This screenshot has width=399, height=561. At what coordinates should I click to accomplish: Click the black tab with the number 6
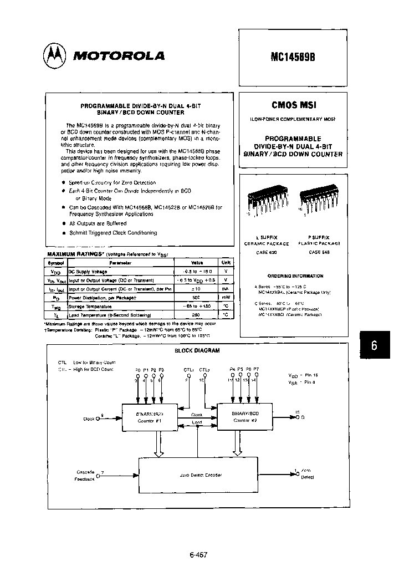pos(374,345)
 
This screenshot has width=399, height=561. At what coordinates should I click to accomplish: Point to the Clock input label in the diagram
pos(89,419)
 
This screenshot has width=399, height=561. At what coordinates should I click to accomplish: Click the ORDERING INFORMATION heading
pos(295,276)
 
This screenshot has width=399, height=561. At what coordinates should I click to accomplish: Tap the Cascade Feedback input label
pos(85,475)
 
